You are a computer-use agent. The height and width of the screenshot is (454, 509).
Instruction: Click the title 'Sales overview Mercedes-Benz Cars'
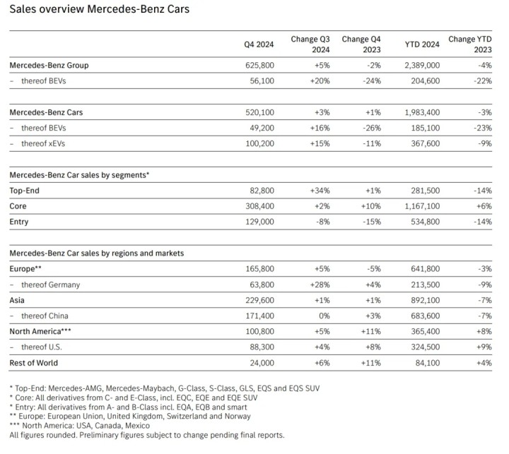98,11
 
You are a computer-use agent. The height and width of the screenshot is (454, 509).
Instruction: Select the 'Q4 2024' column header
259,44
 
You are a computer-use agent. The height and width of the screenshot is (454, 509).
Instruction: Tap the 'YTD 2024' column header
422,44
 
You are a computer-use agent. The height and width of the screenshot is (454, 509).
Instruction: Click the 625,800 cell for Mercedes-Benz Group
259,65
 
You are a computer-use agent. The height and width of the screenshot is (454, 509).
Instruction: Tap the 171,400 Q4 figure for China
259,315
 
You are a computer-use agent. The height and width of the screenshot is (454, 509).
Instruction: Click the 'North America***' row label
40,330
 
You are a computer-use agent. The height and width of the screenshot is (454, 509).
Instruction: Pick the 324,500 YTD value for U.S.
422,347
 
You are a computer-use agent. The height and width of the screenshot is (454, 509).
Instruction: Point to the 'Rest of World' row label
34,363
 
